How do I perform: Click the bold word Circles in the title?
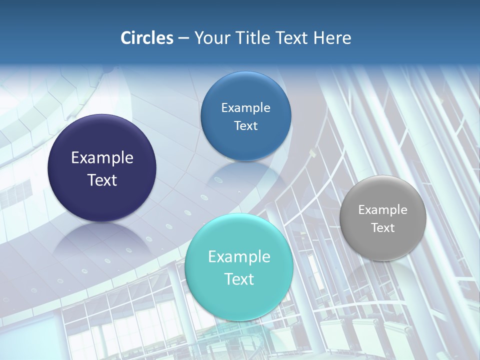click(147, 38)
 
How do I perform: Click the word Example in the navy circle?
click(102, 158)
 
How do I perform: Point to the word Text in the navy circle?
click(102, 180)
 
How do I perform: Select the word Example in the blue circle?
click(245, 108)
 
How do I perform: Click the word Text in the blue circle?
click(245, 126)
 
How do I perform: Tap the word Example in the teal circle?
click(239, 257)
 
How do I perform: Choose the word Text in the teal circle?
click(239, 279)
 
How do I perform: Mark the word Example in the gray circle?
click(383, 210)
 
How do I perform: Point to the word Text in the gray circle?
click(383, 228)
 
